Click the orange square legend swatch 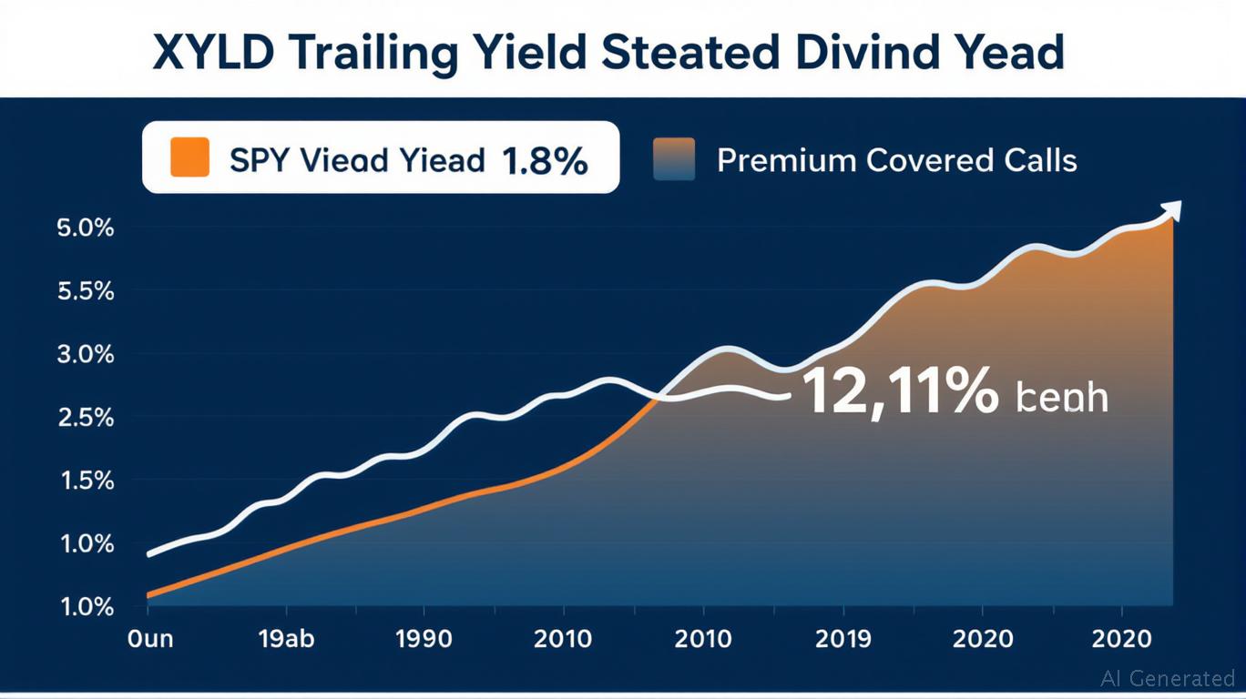tap(190, 157)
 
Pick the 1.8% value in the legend tap(545, 161)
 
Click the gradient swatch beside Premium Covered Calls tap(674, 158)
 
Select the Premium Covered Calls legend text tap(896, 161)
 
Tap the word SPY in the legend tap(260, 161)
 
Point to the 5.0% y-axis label tap(87, 228)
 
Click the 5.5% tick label tap(87, 291)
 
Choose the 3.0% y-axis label tap(87, 354)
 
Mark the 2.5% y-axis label tap(87, 418)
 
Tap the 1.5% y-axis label tap(87, 481)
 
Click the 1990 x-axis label tap(424, 639)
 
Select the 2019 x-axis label tap(843, 639)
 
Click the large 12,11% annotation tap(899, 393)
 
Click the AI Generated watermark tap(1167, 678)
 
